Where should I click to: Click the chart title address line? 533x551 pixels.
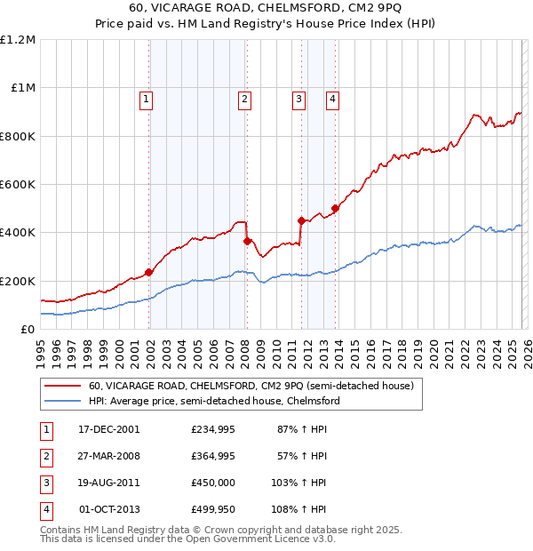[266, 10]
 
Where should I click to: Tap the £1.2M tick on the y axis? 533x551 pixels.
[18, 40]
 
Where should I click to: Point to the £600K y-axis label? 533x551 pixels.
[18, 185]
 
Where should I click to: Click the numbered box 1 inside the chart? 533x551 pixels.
[145, 100]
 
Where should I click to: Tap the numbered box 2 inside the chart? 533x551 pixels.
[243, 100]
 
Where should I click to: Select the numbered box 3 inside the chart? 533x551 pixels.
[298, 100]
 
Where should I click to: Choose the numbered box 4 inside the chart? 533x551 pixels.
[332, 100]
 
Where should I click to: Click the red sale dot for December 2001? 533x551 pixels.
[148, 273]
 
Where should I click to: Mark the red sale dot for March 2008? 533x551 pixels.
[247, 241]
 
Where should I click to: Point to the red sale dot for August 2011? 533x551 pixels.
[302, 220]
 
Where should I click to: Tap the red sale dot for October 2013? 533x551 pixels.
[335, 209]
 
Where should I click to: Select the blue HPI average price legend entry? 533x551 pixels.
[214, 402]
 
